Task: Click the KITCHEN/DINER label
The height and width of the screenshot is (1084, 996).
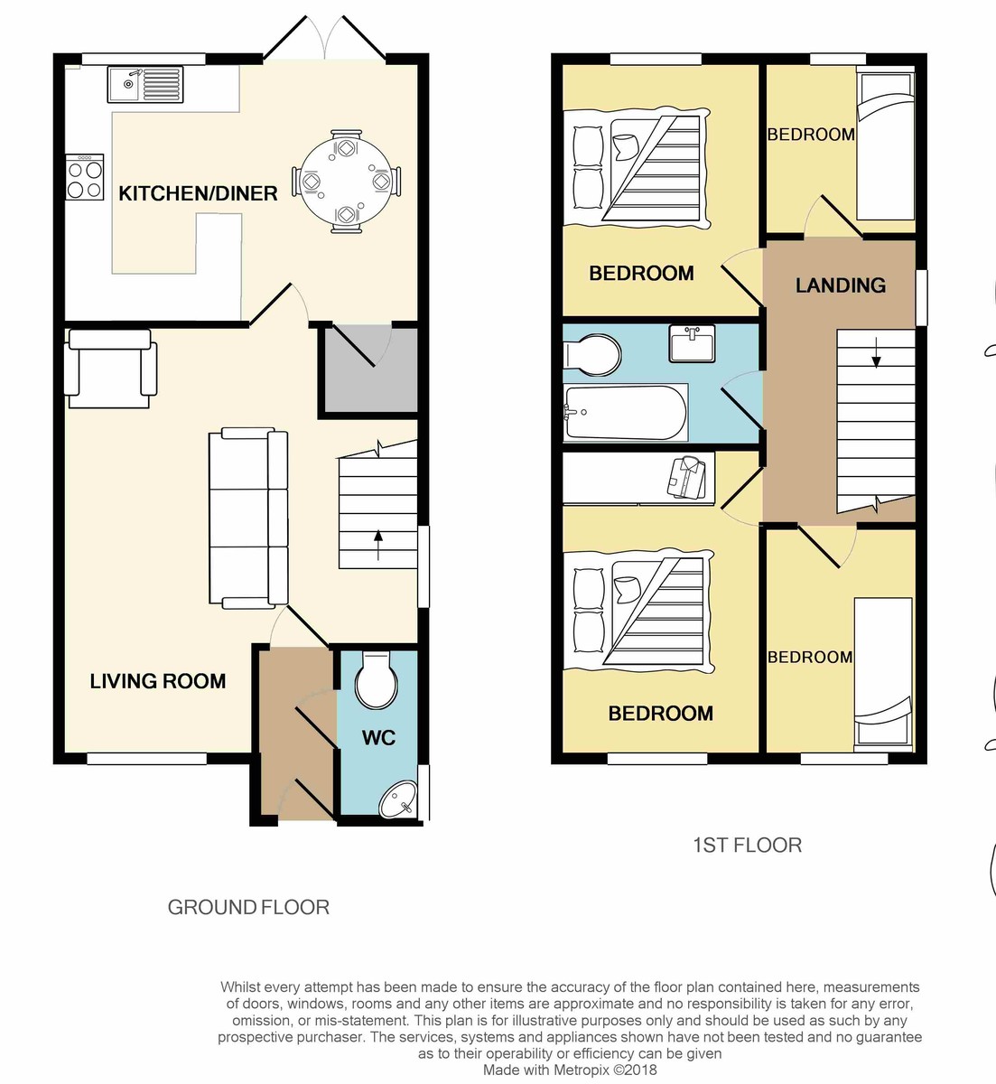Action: pyautogui.click(x=198, y=193)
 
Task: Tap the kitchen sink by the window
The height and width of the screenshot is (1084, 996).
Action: pyautogui.click(x=144, y=84)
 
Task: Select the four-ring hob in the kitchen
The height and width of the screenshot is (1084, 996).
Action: pyautogui.click(x=84, y=177)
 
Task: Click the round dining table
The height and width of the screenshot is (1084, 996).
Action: pyautogui.click(x=346, y=181)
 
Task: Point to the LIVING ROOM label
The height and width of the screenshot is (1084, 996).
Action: pyautogui.click(x=158, y=681)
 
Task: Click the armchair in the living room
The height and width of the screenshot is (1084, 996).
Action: pyautogui.click(x=110, y=369)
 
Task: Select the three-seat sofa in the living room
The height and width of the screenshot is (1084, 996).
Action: pyautogui.click(x=248, y=519)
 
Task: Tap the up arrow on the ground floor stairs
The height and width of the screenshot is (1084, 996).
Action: pyautogui.click(x=378, y=545)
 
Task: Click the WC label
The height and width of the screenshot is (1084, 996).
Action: pyautogui.click(x=379, y=738)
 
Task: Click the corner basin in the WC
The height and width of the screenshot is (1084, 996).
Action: pyautogui.click(x=399, y=799)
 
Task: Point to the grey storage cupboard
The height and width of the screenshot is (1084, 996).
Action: pyautogui.click(x=371, y=370)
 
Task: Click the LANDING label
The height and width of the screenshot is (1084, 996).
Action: pyautogui.click(x=841, y=285)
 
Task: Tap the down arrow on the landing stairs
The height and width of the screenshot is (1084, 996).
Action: pyautogui.click(x=876, y=352)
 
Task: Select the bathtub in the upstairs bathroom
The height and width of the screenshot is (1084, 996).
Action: pyautogui.click(x=625, y=412)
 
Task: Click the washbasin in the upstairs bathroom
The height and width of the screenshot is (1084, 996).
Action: pyautogui.click(x=692, y=342)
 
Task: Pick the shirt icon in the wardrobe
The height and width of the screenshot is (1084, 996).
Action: pyautogui.click(x=686, y=477)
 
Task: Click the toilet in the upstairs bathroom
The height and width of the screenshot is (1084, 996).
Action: pyautogui.click(x=591, y=355)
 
